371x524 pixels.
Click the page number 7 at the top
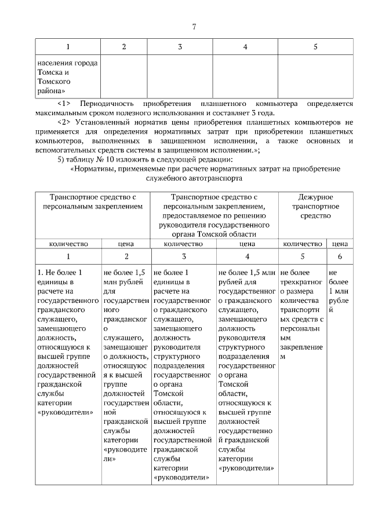coord(194,27)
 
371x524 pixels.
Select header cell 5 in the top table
coord(315,47)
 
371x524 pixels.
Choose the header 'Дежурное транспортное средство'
coord(315,207)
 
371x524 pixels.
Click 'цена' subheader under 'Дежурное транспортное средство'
coord(340,244)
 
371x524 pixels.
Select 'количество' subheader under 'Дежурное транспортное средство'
coord(301,244)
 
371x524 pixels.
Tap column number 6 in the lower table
coord(340,256)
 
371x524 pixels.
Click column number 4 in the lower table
coord(247,256)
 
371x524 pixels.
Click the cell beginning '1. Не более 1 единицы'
coord(68,342)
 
